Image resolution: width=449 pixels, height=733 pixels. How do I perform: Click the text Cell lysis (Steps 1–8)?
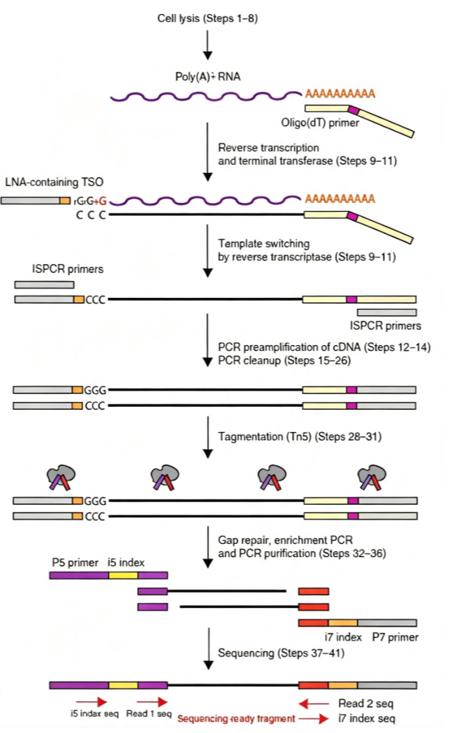(x=207, y=18)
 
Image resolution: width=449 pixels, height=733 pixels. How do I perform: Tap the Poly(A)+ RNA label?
(x=208, y=77)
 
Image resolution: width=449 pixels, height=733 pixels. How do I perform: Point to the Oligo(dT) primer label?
(x=320, y=123)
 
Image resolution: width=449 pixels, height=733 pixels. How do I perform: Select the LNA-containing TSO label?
(x=54, y=182)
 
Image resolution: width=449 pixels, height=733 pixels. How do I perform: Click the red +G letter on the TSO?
(x=101, y=202)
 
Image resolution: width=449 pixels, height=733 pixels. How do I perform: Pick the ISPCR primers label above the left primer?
(x=68, y=269)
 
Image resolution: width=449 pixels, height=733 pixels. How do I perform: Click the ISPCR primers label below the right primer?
(x=386, y=326)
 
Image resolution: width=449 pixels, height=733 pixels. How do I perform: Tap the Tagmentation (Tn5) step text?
(x=300, y=436)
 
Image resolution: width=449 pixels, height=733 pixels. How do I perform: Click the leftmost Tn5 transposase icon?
(x=61, y=477)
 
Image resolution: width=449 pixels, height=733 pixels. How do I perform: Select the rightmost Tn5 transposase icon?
(x=372, y=477)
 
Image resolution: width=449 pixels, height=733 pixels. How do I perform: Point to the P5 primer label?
(x=75, y=562)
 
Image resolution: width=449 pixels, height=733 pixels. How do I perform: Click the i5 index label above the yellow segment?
(x=126, y=562)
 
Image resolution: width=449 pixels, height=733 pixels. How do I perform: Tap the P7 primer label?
(x=395, y=637)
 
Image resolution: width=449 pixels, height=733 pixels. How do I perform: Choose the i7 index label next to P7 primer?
(x=343, y=637)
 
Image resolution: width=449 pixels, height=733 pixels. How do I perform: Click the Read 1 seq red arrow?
(x=152, y=701)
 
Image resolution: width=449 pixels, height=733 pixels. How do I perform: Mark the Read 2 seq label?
(x=366, y=704)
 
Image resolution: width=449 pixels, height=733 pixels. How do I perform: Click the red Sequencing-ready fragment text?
(x=236, y=719)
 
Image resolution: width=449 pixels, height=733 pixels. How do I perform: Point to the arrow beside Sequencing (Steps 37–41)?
(x=208, y=649)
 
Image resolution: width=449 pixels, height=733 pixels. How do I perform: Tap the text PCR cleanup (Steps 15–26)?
(x=284, y=361)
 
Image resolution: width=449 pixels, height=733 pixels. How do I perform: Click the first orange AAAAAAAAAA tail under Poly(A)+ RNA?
(x=340, y=94)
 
